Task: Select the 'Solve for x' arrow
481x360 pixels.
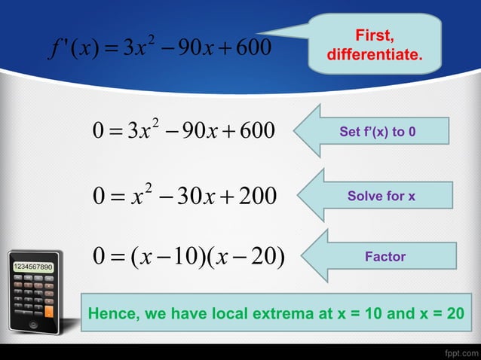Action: click(x=381, y=196)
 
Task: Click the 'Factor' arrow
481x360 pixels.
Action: click(x=384, y=257)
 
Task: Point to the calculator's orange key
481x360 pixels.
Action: click(x=49, y=309)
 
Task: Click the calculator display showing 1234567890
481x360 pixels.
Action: click(x=32, y=267)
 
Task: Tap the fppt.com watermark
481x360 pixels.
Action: click(x=461, y=352)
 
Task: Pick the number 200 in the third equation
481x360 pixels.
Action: click(x=259, y=197)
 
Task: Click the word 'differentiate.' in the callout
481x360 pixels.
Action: click(x=374, y=56)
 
